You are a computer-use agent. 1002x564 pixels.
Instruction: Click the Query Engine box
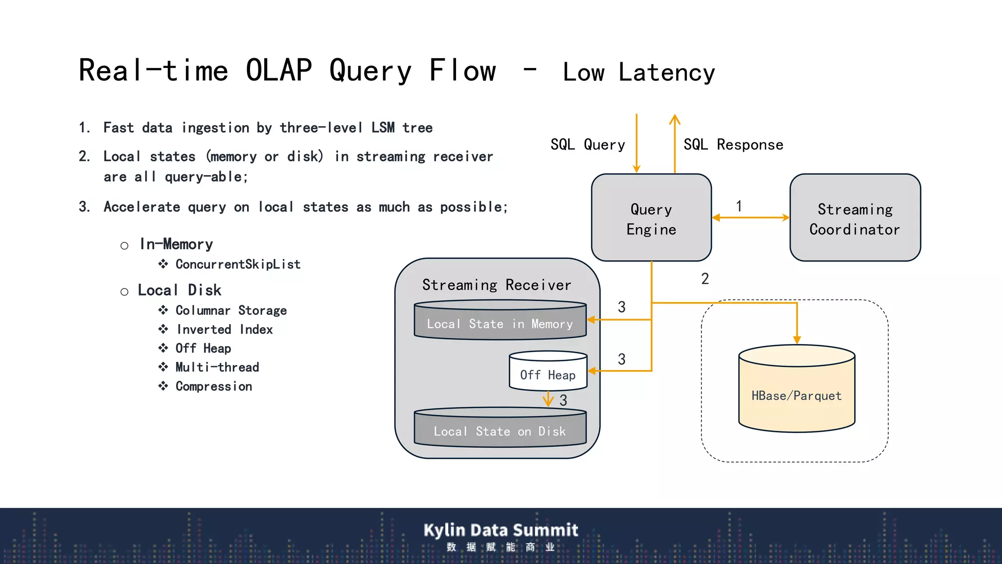click(651, 218)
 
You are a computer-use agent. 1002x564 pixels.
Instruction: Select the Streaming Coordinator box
click(855, 218)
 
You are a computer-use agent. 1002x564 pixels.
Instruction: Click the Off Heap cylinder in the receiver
click(547, 375)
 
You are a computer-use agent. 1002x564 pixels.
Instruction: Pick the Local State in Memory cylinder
click(500, 323)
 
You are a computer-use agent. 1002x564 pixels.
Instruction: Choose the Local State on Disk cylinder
click(500, 431)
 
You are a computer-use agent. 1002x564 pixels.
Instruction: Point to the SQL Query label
click(588, 144)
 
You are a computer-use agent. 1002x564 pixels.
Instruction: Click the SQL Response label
click(733, 144)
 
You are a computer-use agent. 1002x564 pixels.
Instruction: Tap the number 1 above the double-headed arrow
click(739, 206)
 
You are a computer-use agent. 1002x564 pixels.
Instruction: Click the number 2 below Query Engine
click(705, 279)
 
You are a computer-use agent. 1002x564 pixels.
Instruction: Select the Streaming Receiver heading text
click(497, 285)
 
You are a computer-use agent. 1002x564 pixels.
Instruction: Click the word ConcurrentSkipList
click(238, 264)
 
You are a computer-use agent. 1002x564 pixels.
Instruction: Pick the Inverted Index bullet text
click(225, 329)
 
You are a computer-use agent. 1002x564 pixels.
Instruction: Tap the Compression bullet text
click(214, 386)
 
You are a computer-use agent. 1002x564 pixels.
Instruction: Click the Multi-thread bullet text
click(217, 367)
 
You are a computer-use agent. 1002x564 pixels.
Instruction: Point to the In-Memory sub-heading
click(176, 244)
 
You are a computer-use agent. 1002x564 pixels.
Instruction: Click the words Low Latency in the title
click(638, 72)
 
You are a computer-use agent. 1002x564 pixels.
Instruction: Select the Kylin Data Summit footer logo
click(501, 536)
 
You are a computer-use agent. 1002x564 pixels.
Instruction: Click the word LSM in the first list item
click(383, 128)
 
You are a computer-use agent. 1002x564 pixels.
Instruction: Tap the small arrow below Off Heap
click(548, 399)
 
